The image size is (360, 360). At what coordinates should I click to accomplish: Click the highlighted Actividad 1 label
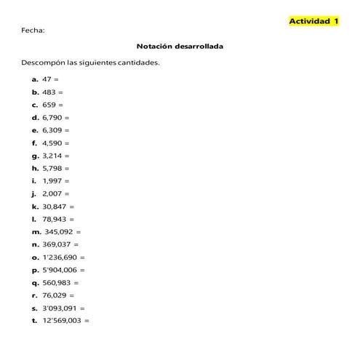click(314, 22)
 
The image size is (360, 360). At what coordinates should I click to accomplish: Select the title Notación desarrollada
click(180, 47)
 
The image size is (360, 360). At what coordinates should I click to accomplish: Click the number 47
click(47, 79)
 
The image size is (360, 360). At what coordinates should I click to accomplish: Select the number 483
click(49, 92)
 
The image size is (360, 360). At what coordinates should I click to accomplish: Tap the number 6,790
click(52, 117)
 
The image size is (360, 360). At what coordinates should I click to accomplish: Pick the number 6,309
click(52, 130)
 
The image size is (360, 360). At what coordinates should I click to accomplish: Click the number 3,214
click(52, 156)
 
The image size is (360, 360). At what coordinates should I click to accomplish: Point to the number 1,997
click(52, 180)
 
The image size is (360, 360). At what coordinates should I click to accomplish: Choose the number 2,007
click(52, 193)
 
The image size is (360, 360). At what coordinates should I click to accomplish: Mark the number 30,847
click(54, 207)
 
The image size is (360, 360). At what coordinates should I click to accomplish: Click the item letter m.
click(35, 232)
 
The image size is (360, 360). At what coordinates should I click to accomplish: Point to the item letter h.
click(35, 168)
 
